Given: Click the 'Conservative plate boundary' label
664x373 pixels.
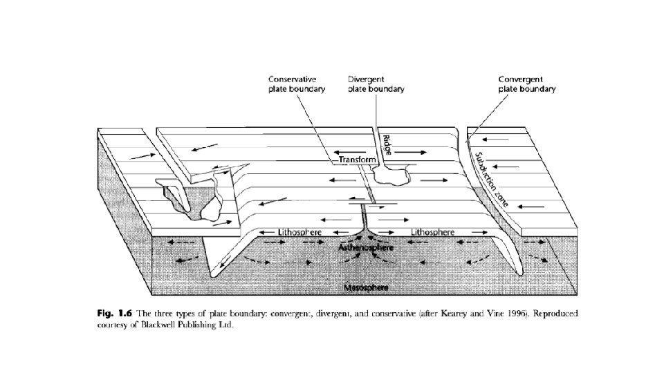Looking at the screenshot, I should [296, 84].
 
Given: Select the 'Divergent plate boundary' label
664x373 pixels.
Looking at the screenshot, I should [376, 84].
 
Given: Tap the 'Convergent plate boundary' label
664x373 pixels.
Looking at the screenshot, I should [527, 84].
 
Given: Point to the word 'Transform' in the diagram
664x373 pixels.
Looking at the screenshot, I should [357, 160].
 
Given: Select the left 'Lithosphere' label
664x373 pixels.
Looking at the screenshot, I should [299, 232].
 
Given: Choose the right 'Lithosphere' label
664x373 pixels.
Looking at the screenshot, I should [433, 232].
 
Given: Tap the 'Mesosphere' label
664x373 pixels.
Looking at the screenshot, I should [367, 286].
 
